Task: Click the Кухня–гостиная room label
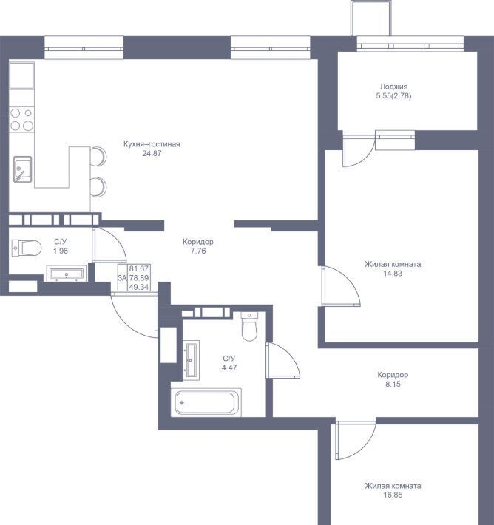coord(152,144)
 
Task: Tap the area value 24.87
coord(152,153)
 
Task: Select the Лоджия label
coord(393,87)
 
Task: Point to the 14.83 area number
coord(393,273)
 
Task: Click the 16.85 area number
coord(393,495)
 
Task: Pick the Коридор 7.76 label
coord(198,246)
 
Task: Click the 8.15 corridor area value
coord(393,384)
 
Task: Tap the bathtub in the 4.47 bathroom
coord(206,402)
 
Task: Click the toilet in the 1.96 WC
coord(26,248)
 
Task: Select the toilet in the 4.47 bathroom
coord(249,326)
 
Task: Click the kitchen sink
coord(22,169)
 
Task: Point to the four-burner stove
coord(21,119)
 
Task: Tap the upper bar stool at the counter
coord(98,156)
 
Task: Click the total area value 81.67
coord(138,268)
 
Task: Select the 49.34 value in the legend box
coord(138,287)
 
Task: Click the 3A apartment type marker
coord(122,277)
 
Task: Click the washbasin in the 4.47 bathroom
coord(192,360)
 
